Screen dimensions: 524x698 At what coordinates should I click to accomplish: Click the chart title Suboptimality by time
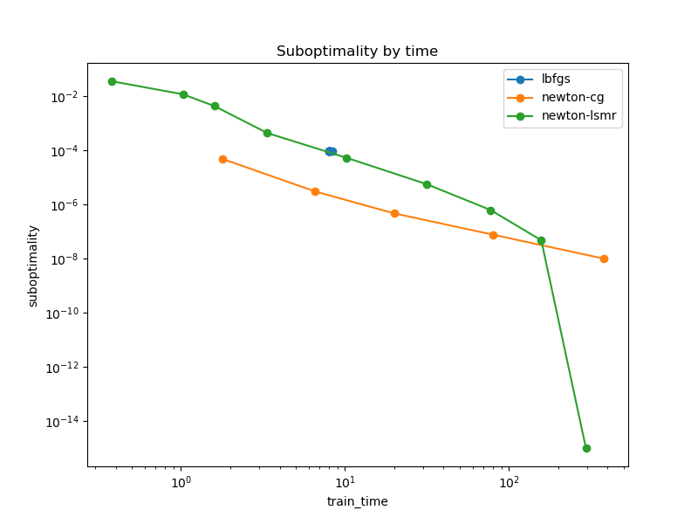point(357,52)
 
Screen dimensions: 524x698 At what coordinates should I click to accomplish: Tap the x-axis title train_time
point(357,501)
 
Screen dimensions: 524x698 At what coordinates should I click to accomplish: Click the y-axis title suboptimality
point(33,265)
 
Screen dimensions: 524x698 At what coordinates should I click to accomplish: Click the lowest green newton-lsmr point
point(586,448)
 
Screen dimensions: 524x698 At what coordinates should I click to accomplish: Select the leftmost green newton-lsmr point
point(112,81)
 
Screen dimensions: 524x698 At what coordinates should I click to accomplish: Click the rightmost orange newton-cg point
point(604,259)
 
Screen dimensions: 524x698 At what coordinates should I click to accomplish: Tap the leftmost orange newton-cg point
point(222,159)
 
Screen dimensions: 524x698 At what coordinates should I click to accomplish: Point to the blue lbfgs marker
point(331,152)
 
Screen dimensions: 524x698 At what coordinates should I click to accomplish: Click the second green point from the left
point(183,94)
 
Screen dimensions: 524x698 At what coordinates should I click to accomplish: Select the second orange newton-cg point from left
point(315,191)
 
